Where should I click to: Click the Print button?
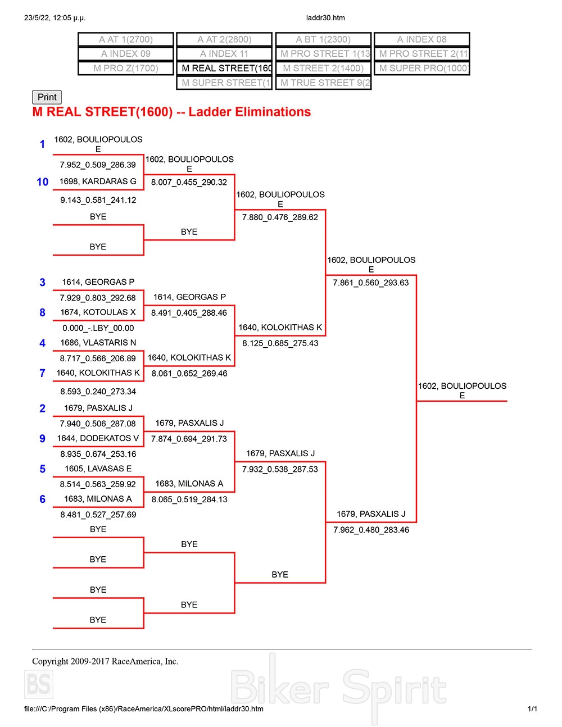pos(47,97)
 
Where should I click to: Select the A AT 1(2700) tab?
pos(126,39)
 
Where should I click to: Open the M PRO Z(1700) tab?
pos(126,68)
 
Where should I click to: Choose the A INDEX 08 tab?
pos(422,39)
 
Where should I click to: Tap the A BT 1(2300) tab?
pos(323,39)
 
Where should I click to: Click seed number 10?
pos(43,182)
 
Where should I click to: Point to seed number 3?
pos(42,283)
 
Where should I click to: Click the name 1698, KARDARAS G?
pos(98,181)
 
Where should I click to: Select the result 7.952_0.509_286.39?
pos(98,165)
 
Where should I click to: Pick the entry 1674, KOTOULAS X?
pos(98,312)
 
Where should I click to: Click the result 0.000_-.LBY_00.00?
pos(98,328)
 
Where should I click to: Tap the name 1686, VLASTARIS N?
pos(98,343)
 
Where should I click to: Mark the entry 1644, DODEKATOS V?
pos(98,438)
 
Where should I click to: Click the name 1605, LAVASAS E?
pos(98,469)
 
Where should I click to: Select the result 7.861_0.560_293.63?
pos(371,283)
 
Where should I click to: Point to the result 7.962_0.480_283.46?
pos(371,530)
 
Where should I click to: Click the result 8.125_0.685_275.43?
pos(280,343)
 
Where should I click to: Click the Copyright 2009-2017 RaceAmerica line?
pos(105,661)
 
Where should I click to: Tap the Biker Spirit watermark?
pos(339,688)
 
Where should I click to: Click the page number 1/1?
pos(532,709)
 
